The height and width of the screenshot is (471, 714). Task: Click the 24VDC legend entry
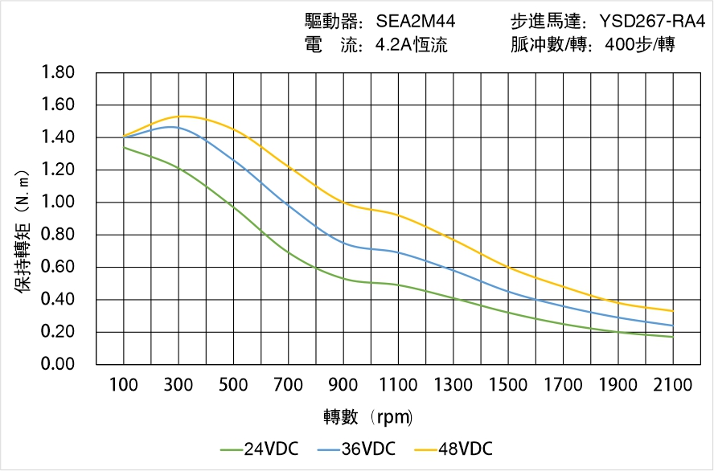pyautogui.click(x=258, y=448)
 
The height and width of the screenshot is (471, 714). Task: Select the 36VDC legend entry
pyautogui.click(x=355, y=448)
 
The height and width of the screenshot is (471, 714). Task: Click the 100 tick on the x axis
pyautogui.click(x=124, y=385)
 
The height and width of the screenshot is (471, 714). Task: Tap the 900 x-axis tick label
pyautogui.click(x=343, y=385)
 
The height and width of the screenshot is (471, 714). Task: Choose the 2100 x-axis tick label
pyautogui.click(x=672, y=385)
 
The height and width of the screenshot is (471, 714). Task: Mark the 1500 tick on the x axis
pyautogui.click(x=508, y=385)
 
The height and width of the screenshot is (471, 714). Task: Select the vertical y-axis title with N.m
pyautogui.click(x=23, y=230)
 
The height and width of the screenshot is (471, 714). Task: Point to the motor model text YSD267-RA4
pyautogui.click(x=652, y=22)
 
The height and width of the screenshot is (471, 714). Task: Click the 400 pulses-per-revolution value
pyautogui.click(x=622, y=45)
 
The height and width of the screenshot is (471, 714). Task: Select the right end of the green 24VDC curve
pyautogui.click(x=672, y=337)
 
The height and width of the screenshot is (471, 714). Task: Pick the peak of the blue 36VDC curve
pyautogui.click(x=170, y=127)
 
